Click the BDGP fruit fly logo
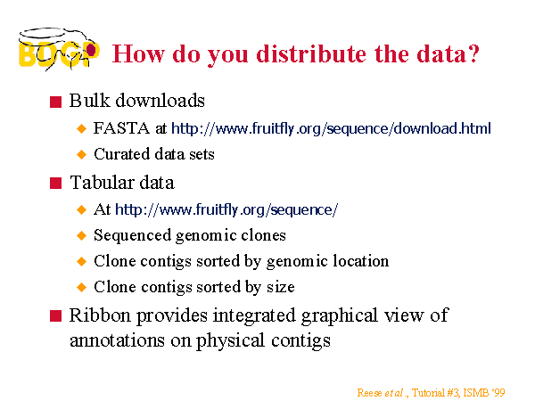pos(59,49)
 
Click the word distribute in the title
pos(312,53)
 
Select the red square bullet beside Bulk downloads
pos(55,102)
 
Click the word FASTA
pos(121,128)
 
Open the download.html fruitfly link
pos(331,129)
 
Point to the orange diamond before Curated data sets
pos(81,154)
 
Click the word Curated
pos(122,154)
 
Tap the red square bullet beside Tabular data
pos(55,183)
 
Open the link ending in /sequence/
pos(226,209)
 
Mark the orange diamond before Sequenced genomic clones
pos(81,235)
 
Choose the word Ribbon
pos(100,315)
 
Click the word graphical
pos(340,316)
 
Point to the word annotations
pos(117,340)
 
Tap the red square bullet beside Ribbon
pos(55,315)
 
